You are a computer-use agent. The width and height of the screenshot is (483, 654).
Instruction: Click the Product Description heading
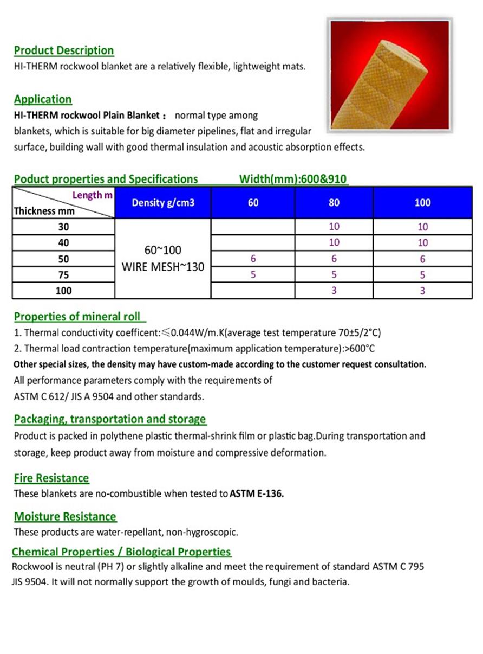coord(64,50)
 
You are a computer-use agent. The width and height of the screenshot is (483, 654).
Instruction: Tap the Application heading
coord(43,99)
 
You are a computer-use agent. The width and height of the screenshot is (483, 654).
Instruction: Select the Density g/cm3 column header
coord(162,203)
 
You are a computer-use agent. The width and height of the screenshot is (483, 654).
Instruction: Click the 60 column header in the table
coord(253,203)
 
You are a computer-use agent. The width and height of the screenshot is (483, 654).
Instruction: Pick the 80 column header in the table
coord(334,203)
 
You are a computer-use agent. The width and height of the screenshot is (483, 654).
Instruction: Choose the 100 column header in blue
coord(422,203)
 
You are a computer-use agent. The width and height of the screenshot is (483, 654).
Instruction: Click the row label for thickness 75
coord(63,275)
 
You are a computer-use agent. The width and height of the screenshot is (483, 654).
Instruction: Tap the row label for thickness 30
coord(63,227)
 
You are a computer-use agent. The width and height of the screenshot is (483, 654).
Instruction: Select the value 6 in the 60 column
coord(253,259)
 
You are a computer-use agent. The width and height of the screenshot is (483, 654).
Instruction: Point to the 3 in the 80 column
coord(334,291)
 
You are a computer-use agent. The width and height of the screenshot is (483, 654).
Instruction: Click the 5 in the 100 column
coord(422,275)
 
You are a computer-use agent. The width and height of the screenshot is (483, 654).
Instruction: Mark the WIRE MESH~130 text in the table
coord(162,267)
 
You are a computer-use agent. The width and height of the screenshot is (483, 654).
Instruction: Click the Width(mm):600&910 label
coord(293,179)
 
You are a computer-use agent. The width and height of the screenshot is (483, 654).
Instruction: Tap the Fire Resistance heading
coord(51,478)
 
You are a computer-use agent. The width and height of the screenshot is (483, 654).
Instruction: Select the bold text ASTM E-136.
coord(257,494)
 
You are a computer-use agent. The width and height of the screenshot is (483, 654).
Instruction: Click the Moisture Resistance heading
coord(65,516)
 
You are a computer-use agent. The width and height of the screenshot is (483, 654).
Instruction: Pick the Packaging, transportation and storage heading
coord(110,419)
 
